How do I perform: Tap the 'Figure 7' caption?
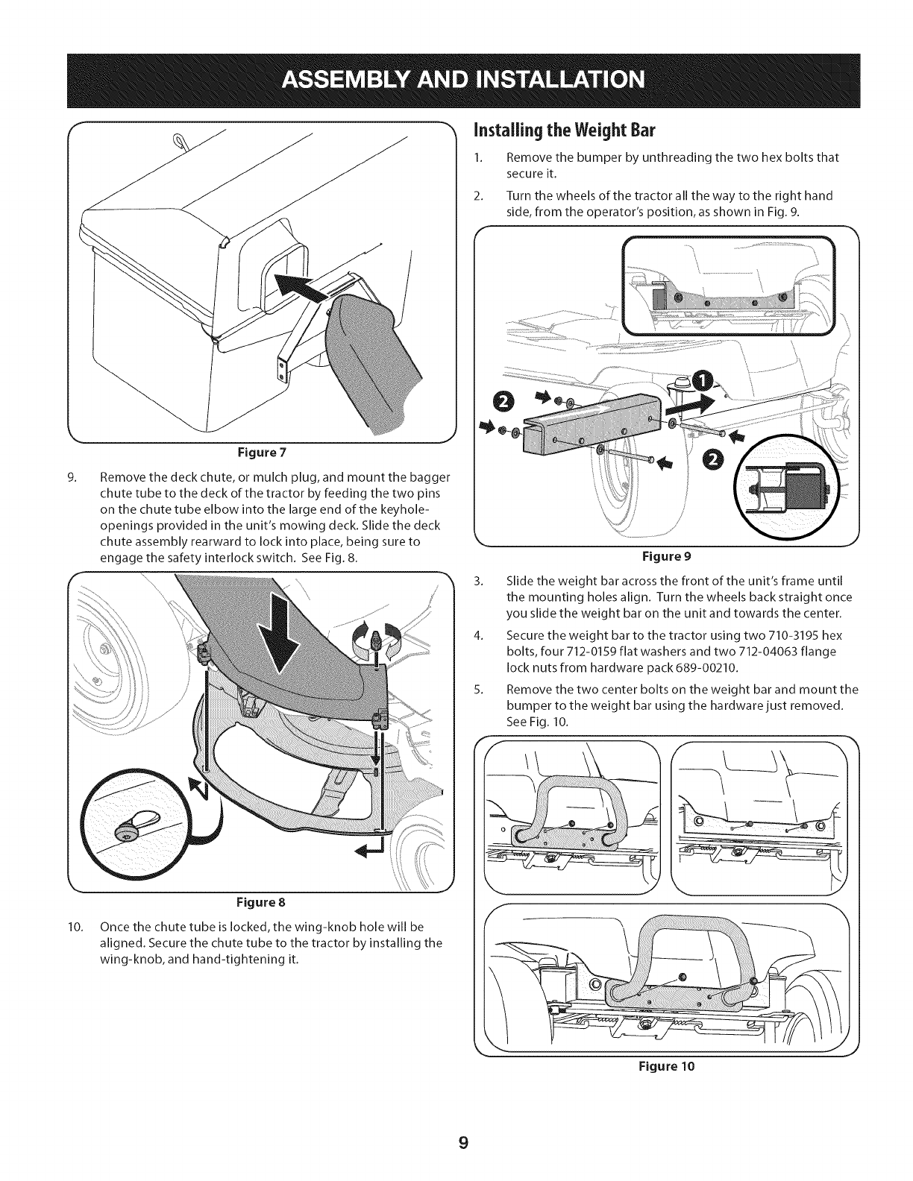point(262,453)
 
